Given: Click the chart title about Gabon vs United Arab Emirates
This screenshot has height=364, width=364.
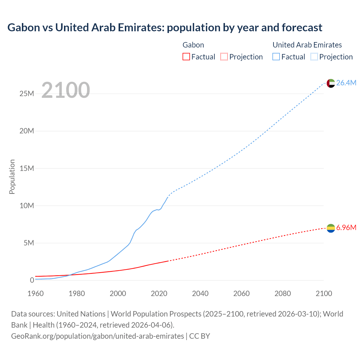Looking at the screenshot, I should click(x=165, y=28).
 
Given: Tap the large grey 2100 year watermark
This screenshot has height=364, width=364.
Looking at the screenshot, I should click(x=66, y=90).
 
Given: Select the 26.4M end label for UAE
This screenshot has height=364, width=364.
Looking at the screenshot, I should click(x=346, y=83).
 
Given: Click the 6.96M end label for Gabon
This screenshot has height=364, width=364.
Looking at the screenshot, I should click(x=346, y=227).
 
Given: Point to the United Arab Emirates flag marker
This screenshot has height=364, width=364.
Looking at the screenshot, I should click(x=331, y=83).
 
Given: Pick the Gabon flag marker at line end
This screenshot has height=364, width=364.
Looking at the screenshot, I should click(x=331, y=228).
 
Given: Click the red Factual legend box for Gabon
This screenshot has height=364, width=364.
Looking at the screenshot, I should click(x=186, y=57).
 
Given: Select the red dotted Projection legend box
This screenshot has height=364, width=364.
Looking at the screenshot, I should click(x=224, y=57).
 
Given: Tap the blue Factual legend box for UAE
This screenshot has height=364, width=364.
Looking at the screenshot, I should click(x=276, y=57).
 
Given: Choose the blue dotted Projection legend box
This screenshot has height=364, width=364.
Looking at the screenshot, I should click(x=314, y=57).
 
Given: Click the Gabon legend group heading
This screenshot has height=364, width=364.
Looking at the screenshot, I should click(x=193, y=45).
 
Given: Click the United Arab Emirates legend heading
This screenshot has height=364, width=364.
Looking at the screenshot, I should click(x=307, y=45).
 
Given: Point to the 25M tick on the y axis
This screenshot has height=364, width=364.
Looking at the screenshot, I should click(x=27, y=94).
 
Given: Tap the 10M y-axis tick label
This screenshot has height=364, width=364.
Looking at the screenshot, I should click(x=27, y=206).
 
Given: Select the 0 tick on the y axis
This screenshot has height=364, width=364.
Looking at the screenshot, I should click(x=32, y=280).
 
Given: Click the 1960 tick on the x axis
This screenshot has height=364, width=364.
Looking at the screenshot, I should click(x=36, y=293).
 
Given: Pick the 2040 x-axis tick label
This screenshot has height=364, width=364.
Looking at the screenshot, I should click(x=200, y=293).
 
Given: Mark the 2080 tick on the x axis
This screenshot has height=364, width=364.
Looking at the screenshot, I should click(x=283, y=293).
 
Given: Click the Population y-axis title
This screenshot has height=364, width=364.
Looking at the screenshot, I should click(x=12, y=177).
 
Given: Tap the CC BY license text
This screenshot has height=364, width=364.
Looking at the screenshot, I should click(x=200, y=336).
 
